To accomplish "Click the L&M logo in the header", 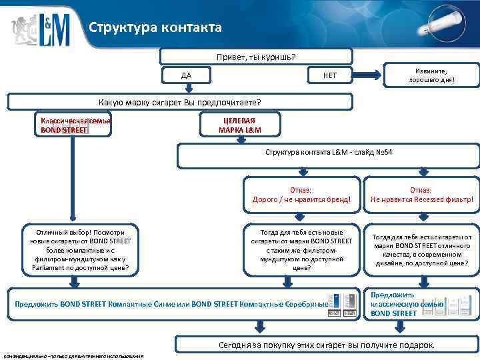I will tap(40, 27).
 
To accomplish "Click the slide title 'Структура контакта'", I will tap(155, 28).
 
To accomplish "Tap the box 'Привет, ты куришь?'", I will tap(256, 56).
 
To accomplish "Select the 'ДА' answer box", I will tap(186, 75).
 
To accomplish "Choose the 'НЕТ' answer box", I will tap(330, 75).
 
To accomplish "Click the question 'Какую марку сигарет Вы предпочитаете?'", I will tap(179, 102).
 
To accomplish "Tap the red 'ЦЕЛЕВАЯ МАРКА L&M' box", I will tap(240, 125).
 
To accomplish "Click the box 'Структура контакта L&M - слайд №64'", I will tap(329, 153).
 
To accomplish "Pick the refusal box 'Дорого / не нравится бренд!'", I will tap(302, 195).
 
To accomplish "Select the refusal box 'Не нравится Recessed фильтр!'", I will tap(422, 195).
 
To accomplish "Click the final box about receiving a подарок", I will tap(327, 345).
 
